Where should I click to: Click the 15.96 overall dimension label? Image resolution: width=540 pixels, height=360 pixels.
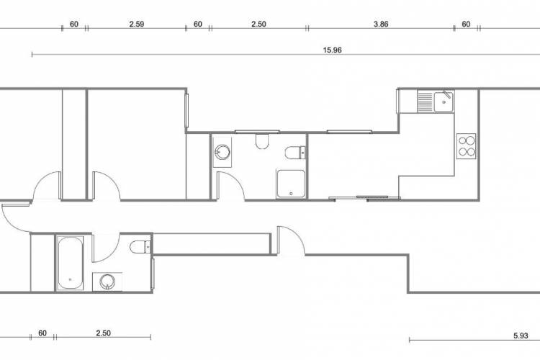click(x=332, y=50)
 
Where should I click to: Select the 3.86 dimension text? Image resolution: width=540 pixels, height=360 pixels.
click(x=381, y=24)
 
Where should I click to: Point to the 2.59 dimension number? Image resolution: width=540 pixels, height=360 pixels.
click(x=136, y=24)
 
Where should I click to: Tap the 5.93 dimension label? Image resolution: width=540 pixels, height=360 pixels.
click(x=521, y=336)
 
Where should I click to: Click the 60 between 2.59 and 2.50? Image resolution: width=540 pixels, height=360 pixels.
click(x=198, y=24)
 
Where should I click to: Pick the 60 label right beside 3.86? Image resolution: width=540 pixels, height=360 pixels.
click(x=466, y=24)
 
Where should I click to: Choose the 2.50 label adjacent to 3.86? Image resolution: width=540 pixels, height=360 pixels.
click(x=258, y=24)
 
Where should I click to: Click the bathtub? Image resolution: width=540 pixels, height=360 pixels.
click(x=71, y=264)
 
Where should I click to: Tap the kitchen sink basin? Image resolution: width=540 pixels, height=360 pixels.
click(x=444, y=102)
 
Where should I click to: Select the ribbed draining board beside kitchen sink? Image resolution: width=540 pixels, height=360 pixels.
click(x=426, y=102)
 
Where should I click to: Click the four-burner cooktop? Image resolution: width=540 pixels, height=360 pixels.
click(x=467, y=146)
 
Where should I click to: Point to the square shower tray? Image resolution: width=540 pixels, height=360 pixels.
click(x=291, y=184)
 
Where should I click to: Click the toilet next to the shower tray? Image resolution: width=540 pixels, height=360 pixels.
click(x=295, y=153)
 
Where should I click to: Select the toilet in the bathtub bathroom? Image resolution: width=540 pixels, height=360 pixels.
click(x=140, y=247)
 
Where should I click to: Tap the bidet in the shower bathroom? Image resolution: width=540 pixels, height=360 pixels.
click(x=262, y=141)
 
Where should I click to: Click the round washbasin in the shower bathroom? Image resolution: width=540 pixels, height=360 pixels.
click(x=222, y=152)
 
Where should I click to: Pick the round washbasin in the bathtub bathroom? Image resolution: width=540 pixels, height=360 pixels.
click(x=107, y=282)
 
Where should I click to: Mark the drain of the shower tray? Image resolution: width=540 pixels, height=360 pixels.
click(x=291, y=194)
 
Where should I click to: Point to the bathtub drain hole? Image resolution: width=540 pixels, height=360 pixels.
click(x=71, y=279)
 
